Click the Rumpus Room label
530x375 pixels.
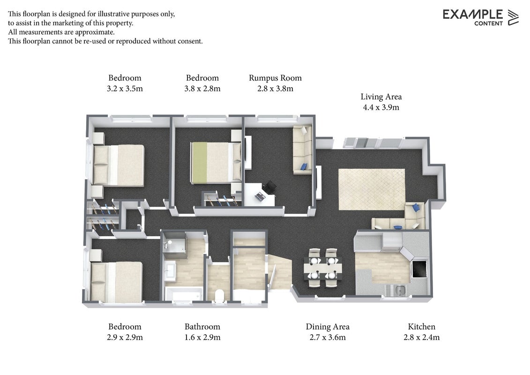point(275,78)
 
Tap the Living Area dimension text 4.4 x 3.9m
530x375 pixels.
point(381,107)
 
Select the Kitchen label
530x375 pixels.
point(421,327)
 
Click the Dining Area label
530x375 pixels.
point(328,327)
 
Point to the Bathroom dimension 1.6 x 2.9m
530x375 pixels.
point(202,337)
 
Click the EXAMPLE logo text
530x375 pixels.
point(472,15)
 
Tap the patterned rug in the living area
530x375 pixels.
point(372,189)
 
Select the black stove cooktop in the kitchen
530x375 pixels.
point(418,269)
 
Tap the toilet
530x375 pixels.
point(219,295)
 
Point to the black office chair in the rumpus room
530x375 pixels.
point(270,187)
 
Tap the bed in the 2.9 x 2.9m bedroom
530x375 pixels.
point(116,282)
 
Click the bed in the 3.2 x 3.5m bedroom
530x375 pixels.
point(119,165)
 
